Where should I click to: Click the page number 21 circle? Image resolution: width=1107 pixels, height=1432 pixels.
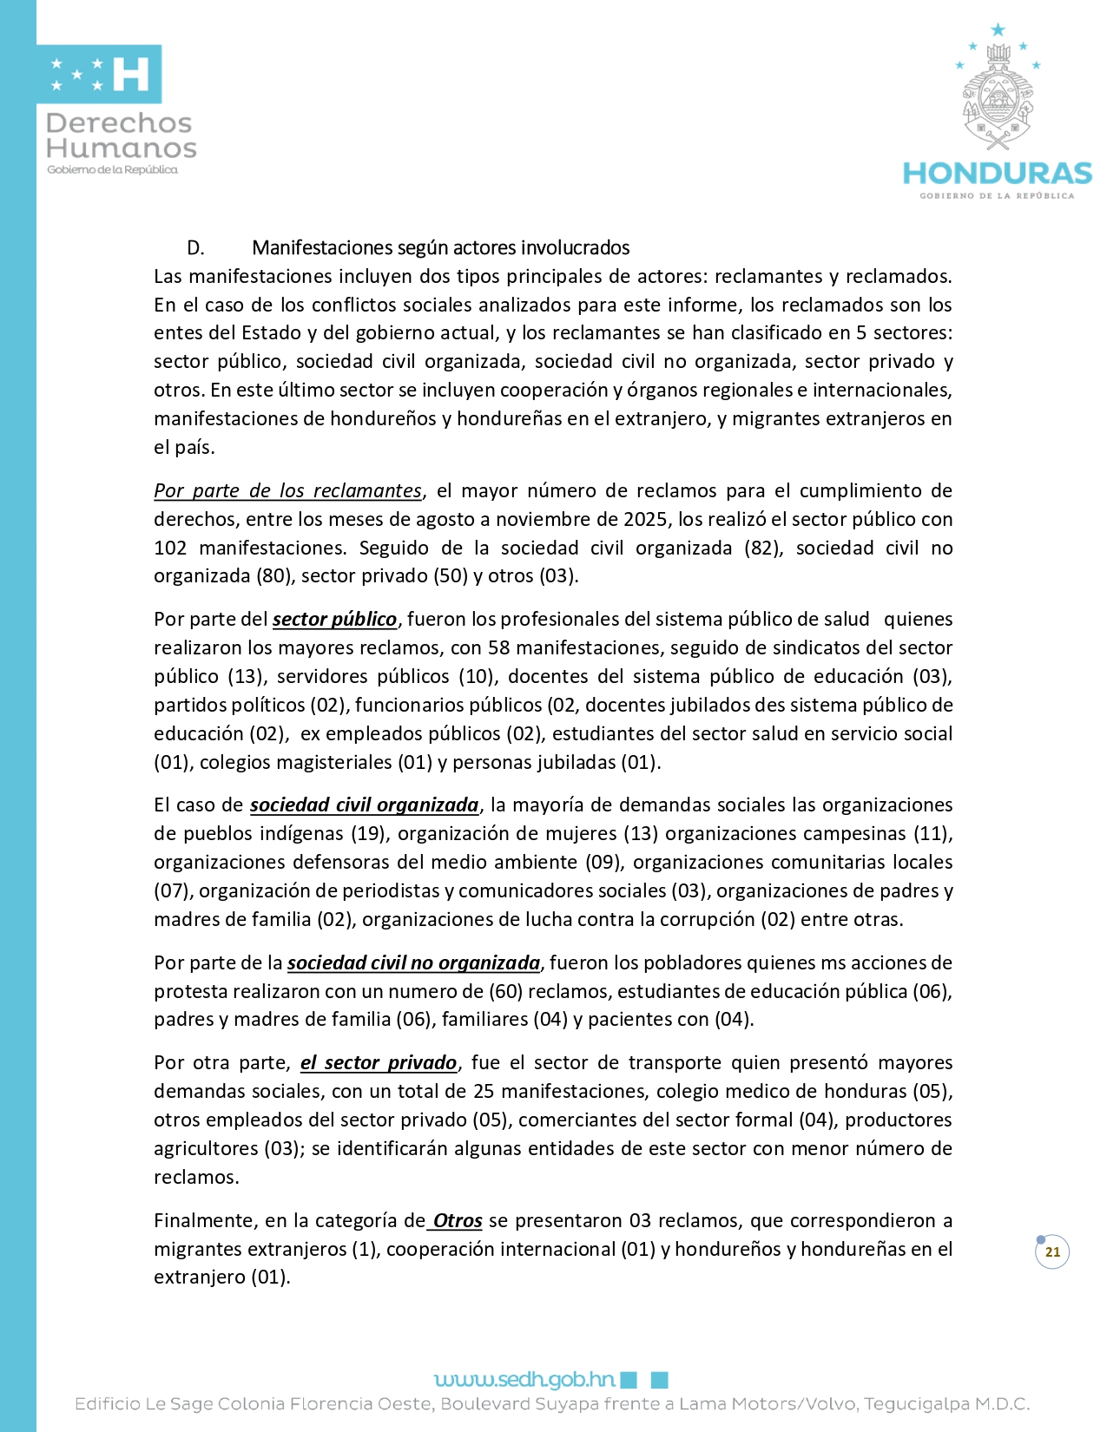[x=1052, y=1252]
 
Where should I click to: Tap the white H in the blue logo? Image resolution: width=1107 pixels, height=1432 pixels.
[x=131, y=75]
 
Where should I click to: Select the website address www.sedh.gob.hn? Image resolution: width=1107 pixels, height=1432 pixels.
[x=524, y=1379]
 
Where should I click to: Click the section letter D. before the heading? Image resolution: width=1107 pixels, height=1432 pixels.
[x=196, y=248]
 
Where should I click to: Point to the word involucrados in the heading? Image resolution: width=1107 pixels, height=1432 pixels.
[x=575, y=248]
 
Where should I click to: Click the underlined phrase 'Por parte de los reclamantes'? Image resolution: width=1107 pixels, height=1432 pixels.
[x=287, y=491]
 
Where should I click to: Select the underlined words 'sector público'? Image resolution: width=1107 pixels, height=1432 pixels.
[x=334, y=620]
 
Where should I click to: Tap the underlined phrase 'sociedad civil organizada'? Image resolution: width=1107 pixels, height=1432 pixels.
[x=365, y=805]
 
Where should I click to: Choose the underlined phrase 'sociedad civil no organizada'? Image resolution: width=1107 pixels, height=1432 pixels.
[x=413, y=963]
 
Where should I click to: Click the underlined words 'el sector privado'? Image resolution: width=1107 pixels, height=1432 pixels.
[x=379, y=1063]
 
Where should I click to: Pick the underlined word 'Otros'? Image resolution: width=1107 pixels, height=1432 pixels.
[x=457, y=1221]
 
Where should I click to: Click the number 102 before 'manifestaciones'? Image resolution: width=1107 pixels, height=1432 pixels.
[x=170, y=548]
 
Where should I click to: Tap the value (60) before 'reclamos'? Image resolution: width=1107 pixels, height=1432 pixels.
[x=505, y=992]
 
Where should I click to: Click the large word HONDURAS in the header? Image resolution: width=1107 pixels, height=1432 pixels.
[x=998, y=173]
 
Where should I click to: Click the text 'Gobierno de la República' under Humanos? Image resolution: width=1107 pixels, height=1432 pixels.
[x=112, y=170]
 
